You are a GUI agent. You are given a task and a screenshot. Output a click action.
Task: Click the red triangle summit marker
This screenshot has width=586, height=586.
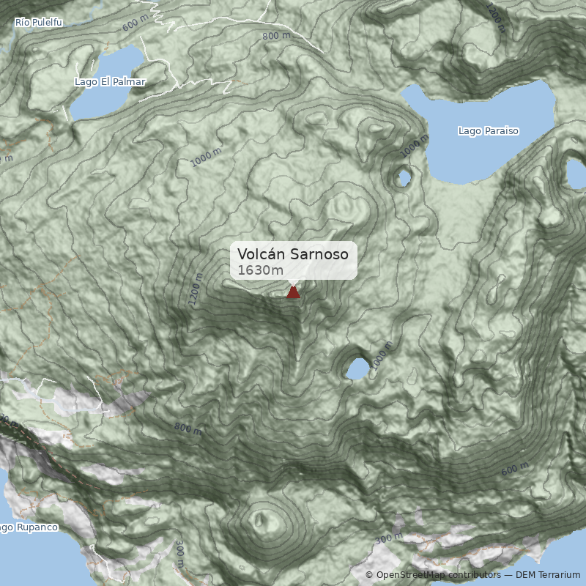293,292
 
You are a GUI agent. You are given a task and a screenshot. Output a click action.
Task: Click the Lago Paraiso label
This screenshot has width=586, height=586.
488,131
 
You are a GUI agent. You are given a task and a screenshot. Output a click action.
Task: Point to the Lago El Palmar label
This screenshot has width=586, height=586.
110,82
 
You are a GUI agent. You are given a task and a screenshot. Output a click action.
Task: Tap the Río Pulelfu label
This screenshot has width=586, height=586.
39,23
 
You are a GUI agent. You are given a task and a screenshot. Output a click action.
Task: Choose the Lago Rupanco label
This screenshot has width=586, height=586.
28,527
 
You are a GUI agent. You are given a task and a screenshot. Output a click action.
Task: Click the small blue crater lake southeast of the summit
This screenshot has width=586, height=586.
357,369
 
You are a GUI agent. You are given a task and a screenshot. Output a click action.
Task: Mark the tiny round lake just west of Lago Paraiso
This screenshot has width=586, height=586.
403,177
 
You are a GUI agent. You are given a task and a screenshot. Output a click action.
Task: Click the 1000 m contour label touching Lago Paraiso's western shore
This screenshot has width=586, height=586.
415,146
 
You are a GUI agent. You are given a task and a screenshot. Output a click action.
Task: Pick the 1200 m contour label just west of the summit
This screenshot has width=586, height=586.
196,290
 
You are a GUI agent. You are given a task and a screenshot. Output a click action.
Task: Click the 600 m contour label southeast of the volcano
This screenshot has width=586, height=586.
514,469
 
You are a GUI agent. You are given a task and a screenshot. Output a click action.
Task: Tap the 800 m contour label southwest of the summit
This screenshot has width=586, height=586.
188,429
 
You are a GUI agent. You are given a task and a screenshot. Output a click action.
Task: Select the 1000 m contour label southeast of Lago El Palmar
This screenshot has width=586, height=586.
206,157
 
